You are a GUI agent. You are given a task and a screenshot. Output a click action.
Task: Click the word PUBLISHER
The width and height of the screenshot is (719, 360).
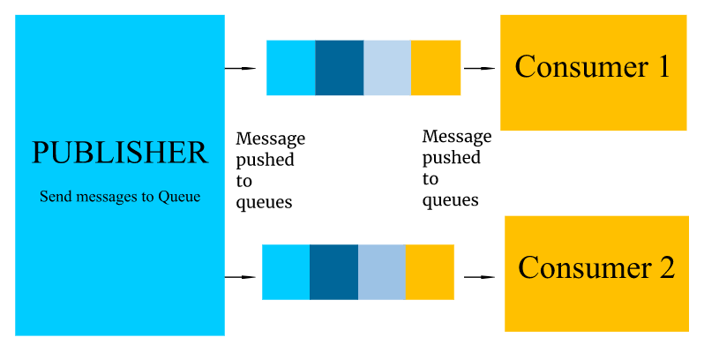[x=120, y=153]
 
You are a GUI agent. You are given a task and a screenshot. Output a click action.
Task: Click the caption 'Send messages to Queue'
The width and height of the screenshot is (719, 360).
[x=120, y=197]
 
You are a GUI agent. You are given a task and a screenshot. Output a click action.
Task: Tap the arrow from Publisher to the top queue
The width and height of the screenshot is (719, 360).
[x=240, y=68]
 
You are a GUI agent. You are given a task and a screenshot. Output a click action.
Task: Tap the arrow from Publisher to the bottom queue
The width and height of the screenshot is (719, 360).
[x=240, y=277]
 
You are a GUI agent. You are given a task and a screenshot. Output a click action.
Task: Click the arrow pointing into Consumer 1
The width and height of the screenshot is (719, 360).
[x=479, y=68]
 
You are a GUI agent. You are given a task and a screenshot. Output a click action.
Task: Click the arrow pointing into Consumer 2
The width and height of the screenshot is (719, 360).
[x=479, y=277]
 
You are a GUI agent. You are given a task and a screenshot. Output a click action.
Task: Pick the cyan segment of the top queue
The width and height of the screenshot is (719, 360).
[x=291, y=68]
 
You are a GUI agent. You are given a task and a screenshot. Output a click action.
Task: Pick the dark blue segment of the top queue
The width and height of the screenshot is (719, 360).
[x=340, y=68]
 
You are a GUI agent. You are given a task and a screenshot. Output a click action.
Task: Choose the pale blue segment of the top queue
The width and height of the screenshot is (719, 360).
[x=387, y=68]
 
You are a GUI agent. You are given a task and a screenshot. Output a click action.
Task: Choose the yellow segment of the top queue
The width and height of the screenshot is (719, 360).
[x=436, y=68]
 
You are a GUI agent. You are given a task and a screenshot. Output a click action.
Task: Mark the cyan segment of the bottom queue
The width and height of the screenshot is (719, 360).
[x=286, y=273]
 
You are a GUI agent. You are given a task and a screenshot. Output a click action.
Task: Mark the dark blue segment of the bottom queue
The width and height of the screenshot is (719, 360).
[x=333, y=273]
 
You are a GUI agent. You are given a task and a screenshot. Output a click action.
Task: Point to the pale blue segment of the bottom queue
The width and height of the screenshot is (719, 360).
[x=381, y=273]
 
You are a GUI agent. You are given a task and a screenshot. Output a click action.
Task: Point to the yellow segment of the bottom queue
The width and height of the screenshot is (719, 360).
[x=430, y=273]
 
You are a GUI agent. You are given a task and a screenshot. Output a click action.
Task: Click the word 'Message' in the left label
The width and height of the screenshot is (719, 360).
[x=271, y=139]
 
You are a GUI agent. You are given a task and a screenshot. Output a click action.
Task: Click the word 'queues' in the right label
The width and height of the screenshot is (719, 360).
[x=450, y=200]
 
